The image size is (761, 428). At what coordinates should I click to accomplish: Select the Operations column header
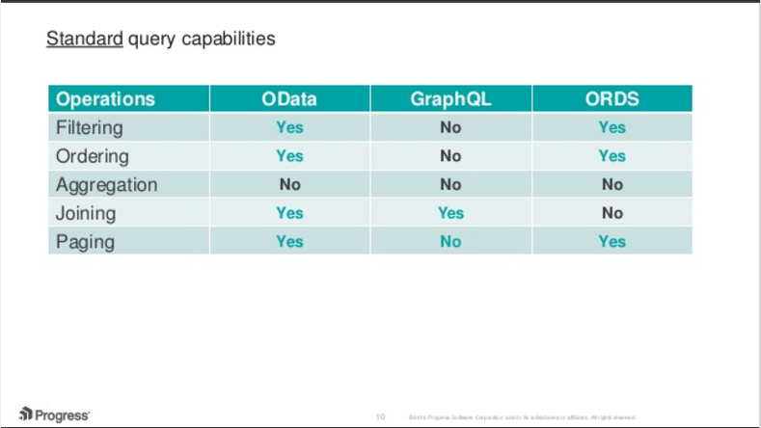(x=105, y=99)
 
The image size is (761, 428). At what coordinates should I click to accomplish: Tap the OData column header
(x=289, y=99)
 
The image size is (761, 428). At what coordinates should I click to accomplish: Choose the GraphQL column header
(x=450, y=99)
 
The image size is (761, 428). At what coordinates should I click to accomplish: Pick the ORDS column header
(x=612, y=99)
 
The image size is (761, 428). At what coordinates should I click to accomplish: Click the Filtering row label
(x=90, y=127)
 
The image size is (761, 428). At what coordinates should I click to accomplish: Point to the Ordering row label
(x=92, y=156)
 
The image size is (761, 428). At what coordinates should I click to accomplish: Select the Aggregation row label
(x=106, y=184)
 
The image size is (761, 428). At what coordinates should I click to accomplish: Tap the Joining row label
(x=86, y=213)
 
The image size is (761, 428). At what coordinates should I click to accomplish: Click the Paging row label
(x=85, y=241)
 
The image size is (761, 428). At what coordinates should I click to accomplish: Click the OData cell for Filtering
(x=289, y=127)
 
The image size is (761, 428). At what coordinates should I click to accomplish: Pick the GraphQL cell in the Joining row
(x=450, y=213)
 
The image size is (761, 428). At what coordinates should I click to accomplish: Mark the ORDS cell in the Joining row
(x=612, y=213)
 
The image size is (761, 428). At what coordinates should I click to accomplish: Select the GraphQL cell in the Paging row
(x=450, y=241)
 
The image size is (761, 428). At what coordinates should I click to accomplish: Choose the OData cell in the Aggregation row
(x=289, y=184)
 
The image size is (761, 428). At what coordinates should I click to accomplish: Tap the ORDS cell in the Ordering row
(x=612, y=156)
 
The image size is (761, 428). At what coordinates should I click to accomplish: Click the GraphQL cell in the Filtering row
(x=450, y=127)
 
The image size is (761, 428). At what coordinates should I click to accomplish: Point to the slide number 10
(x=380, y=416)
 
